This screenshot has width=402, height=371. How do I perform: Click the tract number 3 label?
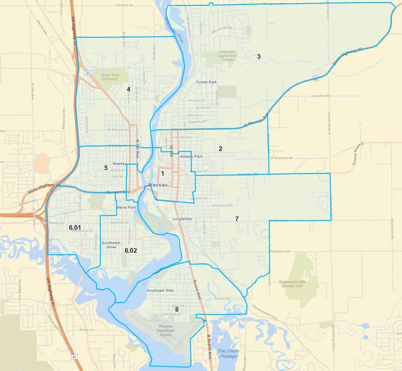tap(259, 56)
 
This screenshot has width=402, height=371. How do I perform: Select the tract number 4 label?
tap(128, 89)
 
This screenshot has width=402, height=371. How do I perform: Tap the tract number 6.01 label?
tap(75, 228)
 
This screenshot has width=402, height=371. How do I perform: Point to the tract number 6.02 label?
tap(131, 250)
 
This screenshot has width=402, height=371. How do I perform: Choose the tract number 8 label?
tap(177, 309)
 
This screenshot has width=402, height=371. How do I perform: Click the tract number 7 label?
tap(237, 219)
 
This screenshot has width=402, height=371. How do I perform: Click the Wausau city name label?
tap(158, 185)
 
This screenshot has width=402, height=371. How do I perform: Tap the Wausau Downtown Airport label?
tap(166, 330)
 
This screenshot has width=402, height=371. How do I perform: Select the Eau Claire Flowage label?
tap(229, 353)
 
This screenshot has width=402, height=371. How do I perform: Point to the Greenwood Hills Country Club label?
tap(292, 284)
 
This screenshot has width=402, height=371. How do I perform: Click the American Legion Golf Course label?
tap(227, 56)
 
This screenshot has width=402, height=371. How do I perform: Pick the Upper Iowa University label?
tap(110, 77)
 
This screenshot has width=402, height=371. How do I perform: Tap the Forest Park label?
tap(207, 82)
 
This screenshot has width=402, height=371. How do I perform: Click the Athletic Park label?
tap(191, 157)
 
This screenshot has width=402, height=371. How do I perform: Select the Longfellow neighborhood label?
tap(182, 219)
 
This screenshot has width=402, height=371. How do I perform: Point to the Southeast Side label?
tap(160, 290)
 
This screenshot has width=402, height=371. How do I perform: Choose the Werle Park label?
tap(126, 208)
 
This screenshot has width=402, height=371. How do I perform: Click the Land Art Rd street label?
tap(321, 96)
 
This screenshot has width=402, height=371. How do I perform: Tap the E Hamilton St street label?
tap(282, 158)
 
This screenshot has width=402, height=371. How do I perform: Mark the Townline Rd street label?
tap(280, 251)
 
